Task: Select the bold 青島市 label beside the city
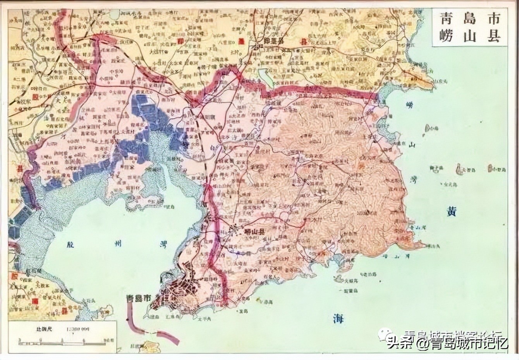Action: point(139,298)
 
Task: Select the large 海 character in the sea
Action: point(338,318)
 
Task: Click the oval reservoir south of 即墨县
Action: point(263,75)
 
